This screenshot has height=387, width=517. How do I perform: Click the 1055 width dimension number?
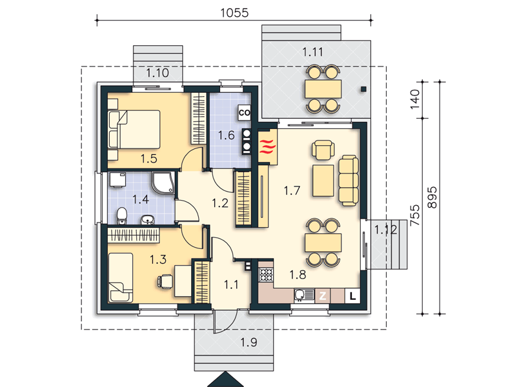point(234,13)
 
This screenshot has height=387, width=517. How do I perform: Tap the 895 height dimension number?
point(432,197)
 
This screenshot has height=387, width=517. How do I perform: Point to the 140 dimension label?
point(414,99)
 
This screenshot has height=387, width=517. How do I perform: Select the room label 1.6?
point(226,135)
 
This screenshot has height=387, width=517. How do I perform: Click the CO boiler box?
point(245,113)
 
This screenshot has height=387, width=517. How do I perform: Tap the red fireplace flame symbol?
point(267,146)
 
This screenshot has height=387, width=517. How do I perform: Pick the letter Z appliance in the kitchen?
point(323,295)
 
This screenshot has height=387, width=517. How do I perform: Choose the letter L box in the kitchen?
point(353,296)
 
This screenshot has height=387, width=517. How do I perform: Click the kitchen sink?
point(304,295)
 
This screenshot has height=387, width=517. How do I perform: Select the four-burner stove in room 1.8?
point(266,275)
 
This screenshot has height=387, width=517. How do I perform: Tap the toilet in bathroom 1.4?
point(122,216)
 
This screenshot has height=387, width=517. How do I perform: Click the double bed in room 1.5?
point(134,130)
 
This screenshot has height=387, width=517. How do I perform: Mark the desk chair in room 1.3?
point(165,282)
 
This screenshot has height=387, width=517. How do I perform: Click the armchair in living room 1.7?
point(323,150)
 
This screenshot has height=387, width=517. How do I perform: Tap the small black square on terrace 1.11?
point(363,88)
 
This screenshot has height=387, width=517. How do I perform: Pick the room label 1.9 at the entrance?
point(248,342)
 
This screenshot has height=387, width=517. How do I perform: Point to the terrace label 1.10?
point(157,73)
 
